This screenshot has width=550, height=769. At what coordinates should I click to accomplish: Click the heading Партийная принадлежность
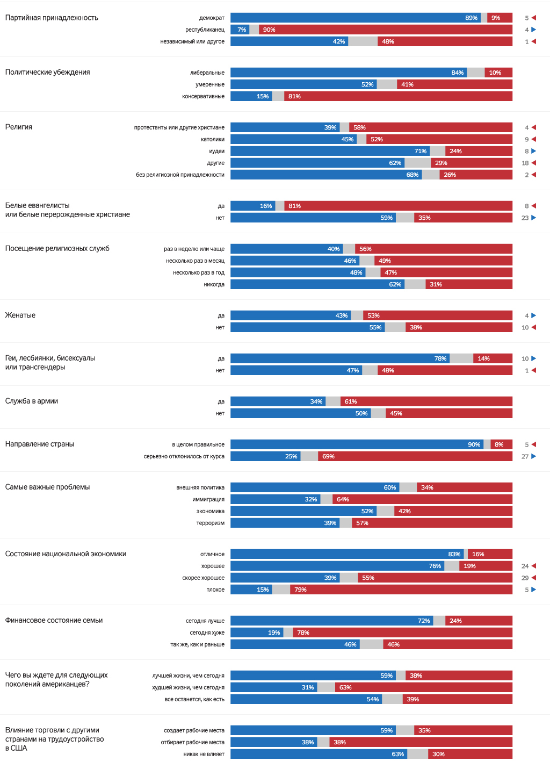pyautogui.click(x=52, y=18)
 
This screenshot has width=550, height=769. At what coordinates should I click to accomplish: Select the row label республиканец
pyautogui.click(x=205, y=30)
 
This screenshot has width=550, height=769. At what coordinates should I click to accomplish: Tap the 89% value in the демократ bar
pyautogui.click(x=471, y=18)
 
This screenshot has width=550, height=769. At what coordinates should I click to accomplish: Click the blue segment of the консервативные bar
pyautogui.click(x=251, y=96)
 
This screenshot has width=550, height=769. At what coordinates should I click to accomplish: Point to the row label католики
pyautogui.click(x=213, y=139)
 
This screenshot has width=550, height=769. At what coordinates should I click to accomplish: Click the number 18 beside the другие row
pyautogui.click(x=525, y=163)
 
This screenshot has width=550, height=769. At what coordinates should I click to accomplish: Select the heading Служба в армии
pyautogui.click(x=32, y=401)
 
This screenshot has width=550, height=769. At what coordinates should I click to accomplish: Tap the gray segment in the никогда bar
pyautogui.click(x=415, y=284)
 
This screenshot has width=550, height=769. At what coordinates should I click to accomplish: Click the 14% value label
pyautogui.click(x=483, y=358)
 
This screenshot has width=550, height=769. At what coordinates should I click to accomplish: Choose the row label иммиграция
pyautogui.click(x=208, y=499)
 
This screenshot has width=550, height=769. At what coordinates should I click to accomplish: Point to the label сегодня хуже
pyautogui.click(x=207, y=633)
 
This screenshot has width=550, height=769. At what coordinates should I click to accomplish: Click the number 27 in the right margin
pyautogui.click(x=525, y=456)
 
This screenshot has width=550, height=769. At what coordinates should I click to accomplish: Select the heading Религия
pyautogui.click(x=19, y=127)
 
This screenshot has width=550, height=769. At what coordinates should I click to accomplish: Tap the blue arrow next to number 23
pyautogui.click(x=533, y=218)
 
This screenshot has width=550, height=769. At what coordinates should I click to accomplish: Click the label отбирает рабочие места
pyautogui.click(x=192, y=742)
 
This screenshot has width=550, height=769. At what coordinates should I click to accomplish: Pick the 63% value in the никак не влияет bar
pyautogui.click(x=397, y=754)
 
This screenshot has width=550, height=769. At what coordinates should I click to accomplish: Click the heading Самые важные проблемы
pyautogui.click(x=47, y=487)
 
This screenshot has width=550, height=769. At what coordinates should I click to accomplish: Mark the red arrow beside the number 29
pyautogui.click(x=533, y=578)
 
